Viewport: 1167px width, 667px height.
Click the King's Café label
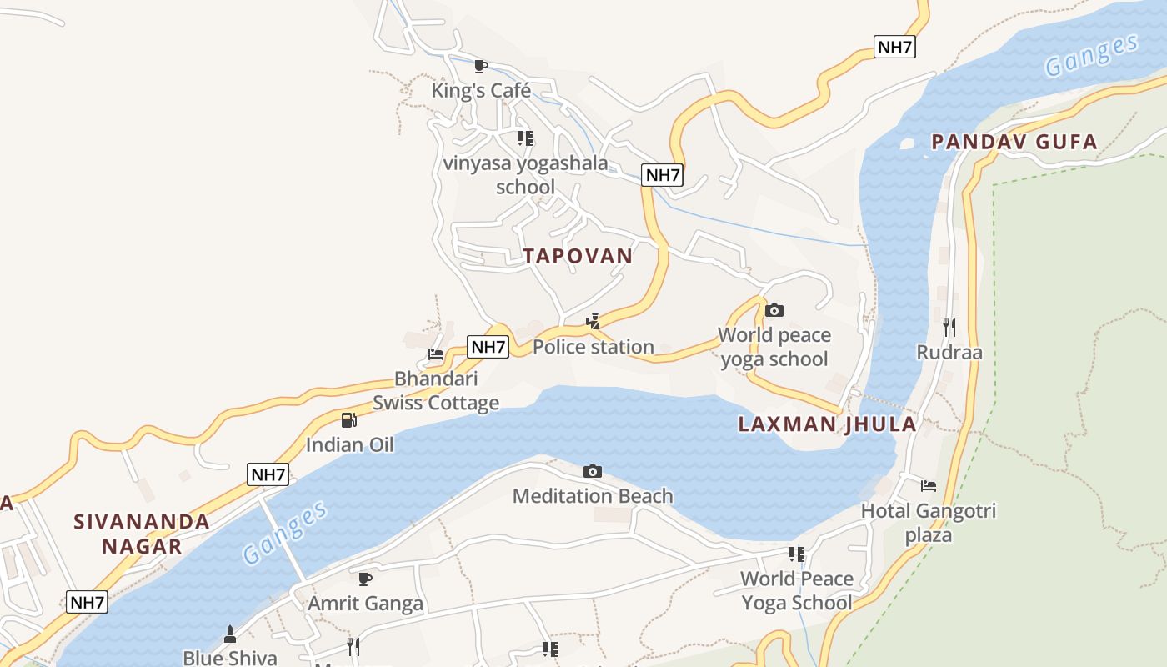[481, 90]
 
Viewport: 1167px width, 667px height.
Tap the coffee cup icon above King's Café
[481, 66]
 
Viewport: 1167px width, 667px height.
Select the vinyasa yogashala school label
[525, 174]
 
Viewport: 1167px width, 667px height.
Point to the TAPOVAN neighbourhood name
[578, 256]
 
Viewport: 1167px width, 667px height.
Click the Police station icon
[594, 321]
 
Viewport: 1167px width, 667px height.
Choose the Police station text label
[594, 347]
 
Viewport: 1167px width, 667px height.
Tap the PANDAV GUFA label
[1014, 142]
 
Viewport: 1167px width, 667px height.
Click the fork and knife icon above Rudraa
[949, 326]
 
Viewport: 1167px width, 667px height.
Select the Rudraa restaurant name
[949, 352]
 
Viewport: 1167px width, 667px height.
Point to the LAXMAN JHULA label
[827, 424]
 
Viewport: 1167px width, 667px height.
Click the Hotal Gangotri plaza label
[929, 522]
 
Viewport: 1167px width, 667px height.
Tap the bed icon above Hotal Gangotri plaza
[929, 485]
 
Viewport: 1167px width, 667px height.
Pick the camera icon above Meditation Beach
[593, 472]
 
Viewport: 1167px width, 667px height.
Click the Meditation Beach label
[593, 496]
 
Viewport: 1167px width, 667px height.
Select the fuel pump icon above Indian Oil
[349, 419]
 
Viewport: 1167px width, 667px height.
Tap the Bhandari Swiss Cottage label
[436, 391]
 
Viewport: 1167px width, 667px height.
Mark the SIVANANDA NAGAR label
[142, 534]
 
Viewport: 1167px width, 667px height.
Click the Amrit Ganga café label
[366, 603]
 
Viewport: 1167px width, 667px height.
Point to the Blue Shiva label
[230, 657]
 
